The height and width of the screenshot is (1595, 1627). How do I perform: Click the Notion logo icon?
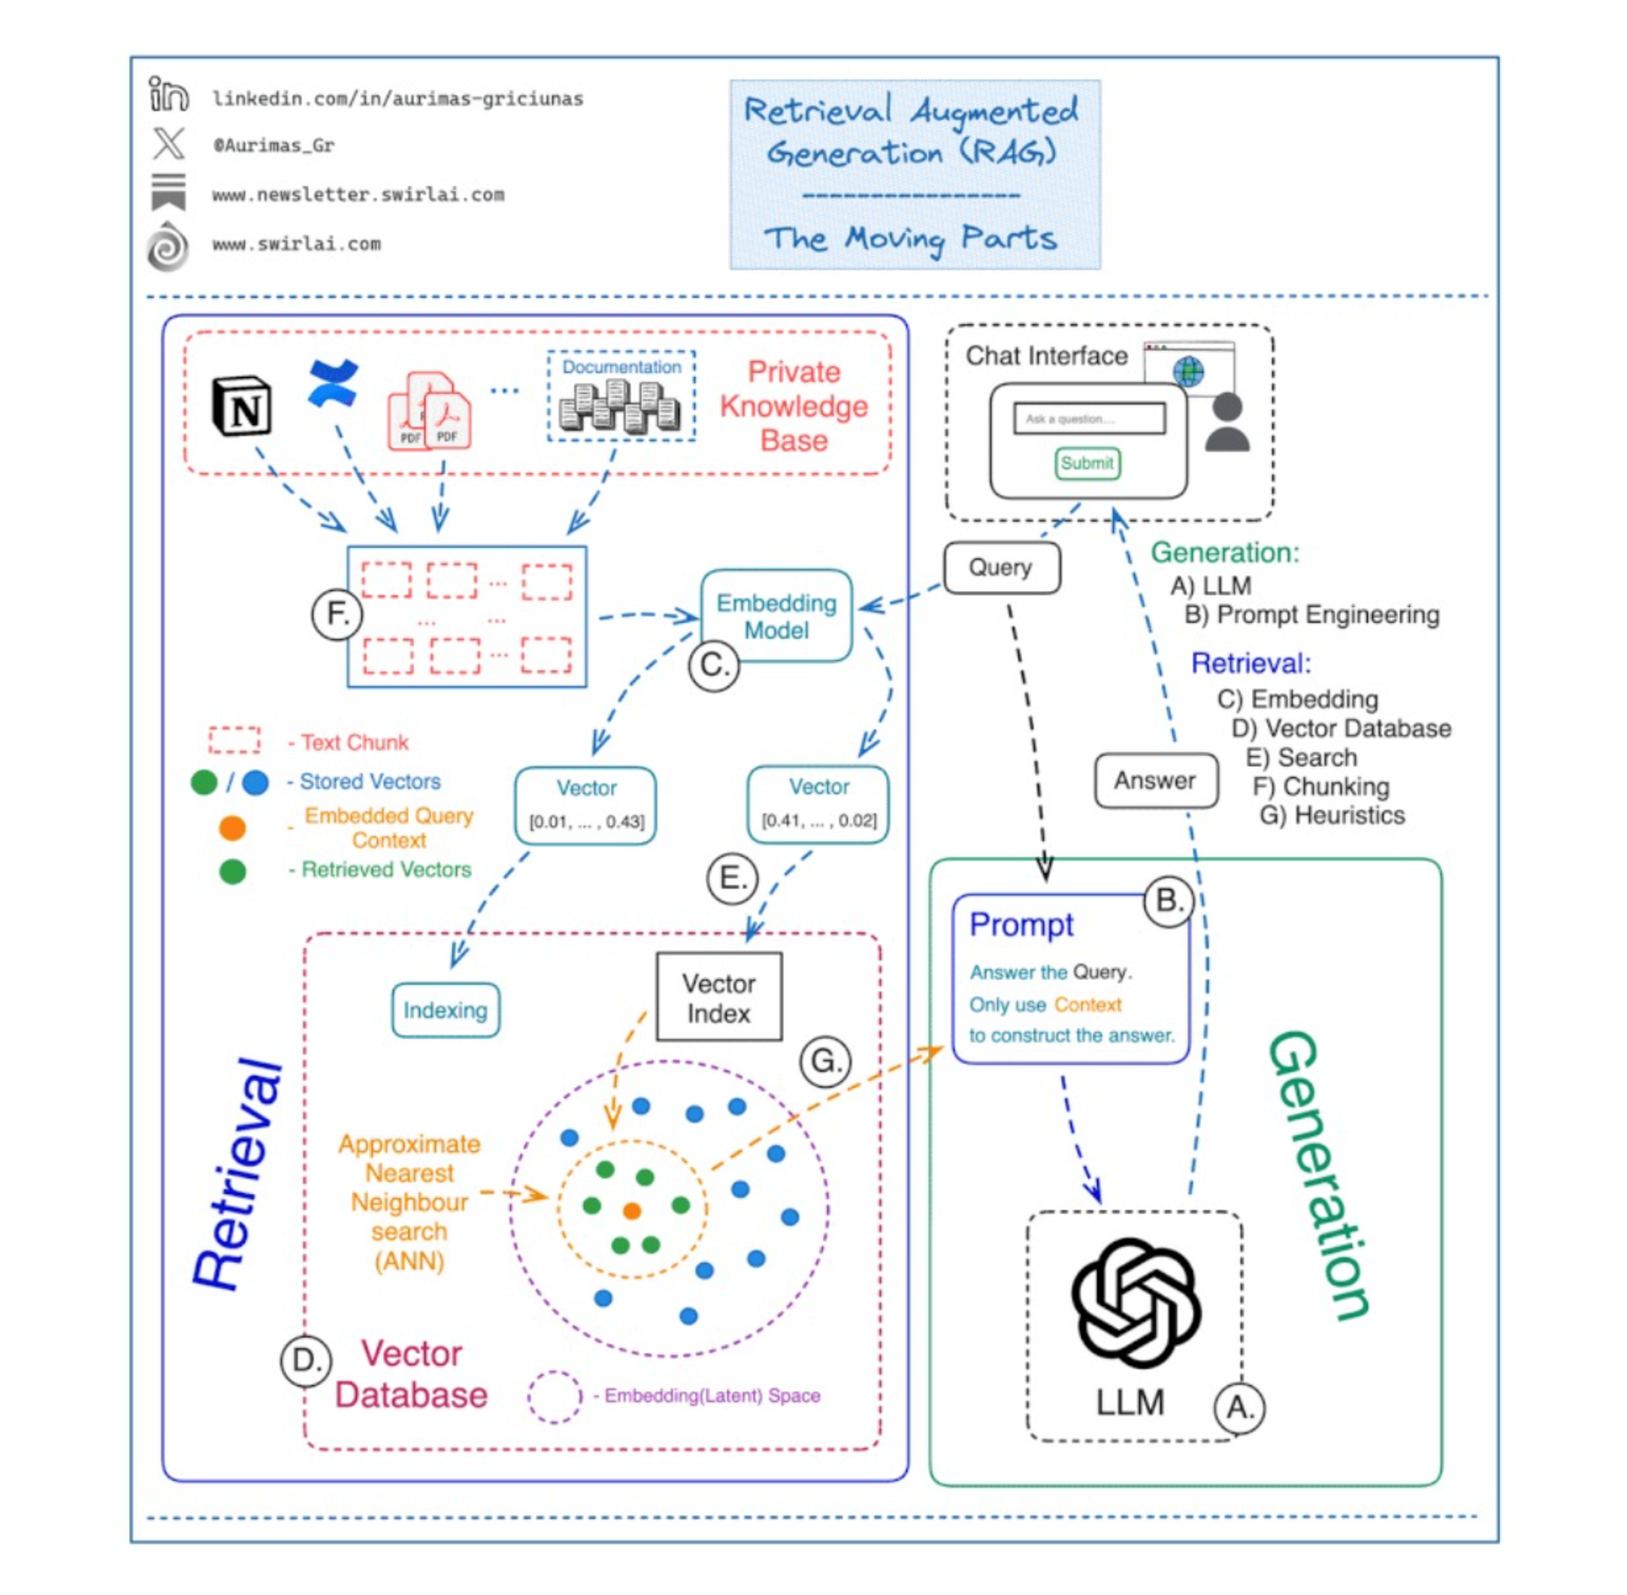point(242,407)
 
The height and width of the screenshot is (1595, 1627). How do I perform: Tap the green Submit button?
point(1087,463)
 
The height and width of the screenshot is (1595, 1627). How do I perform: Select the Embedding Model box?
point(776,616)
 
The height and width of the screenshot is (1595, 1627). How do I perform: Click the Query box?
point(1000,568)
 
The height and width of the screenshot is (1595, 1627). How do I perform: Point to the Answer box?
point(1154,781)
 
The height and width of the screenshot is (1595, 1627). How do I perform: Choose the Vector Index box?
point(718,997)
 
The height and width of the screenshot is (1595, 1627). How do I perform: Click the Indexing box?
point(445,1010)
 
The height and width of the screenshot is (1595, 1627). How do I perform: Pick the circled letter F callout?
point(337,614)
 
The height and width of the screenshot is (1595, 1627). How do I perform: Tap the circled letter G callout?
point(825,1061)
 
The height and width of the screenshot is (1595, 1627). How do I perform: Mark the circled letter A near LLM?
point(1239,1408)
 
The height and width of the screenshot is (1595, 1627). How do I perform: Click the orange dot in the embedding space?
point(632,1211)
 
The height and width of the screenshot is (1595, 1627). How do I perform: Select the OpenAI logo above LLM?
point(1135,1303)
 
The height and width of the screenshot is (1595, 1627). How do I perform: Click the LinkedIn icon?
point(168,94)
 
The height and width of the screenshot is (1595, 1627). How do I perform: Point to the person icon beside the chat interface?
point(1227,423)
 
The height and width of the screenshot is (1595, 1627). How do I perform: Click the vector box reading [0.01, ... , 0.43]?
point(585,805)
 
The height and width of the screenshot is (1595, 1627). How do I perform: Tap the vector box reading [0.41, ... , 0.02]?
point(817,804)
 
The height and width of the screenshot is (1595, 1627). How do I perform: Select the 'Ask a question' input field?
point(1088,418)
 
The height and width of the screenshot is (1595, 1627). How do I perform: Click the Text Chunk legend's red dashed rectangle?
point(234,740)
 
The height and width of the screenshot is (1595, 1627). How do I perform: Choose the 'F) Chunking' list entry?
point(1320,786)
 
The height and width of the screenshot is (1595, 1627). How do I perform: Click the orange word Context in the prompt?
point(1087,1004)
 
